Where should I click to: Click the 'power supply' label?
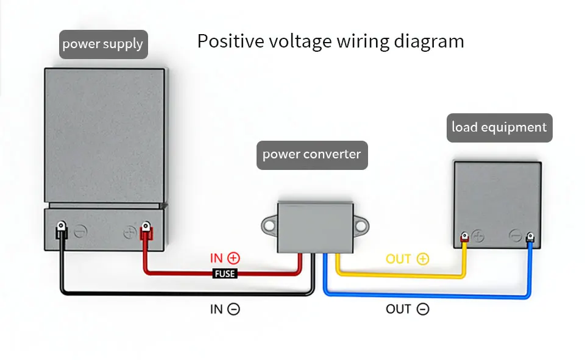[104, 44]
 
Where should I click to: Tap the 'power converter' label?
[312, 155]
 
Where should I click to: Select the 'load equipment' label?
[499, 127]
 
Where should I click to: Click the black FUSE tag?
[225, 274]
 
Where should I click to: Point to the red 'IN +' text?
[225, 258]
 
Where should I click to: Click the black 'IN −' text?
[225, 309]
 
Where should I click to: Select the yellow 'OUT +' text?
[408, 259]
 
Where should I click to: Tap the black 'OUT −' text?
[408, 309]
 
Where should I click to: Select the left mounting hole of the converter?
[269, 226]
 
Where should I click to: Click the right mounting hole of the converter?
[361, 226]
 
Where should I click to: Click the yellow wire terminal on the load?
[464, 237]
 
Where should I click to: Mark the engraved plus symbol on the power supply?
[129, 233]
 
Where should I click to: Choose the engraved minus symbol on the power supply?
[80, 231]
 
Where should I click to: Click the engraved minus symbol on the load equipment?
[516, 236]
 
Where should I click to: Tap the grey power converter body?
[315, 228]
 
